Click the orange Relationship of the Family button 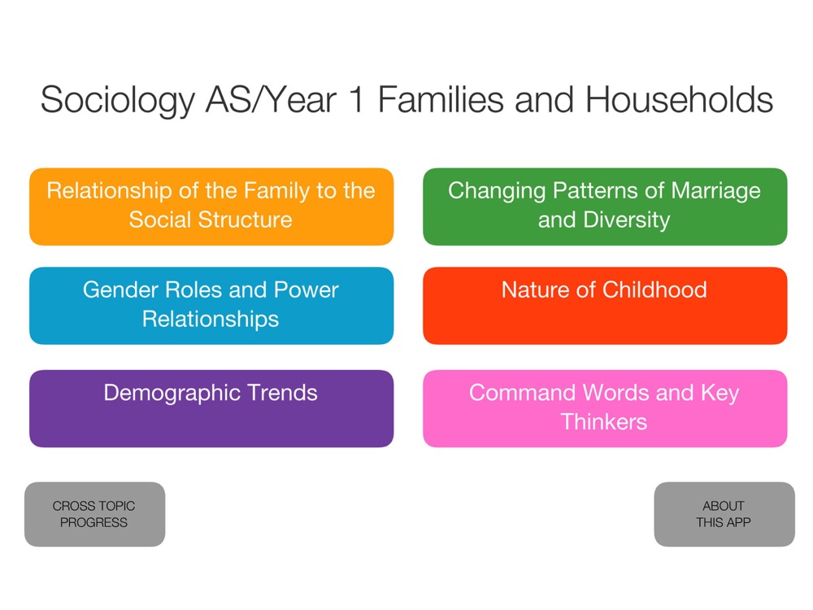[x=211, y=207]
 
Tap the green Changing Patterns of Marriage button [x=605, y=207]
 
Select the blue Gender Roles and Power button [x=211, y=306]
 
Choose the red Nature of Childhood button [x=605, y=306]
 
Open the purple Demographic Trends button [x=211, y=409]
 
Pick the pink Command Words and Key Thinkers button [x=605, y=409]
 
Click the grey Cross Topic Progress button [x=95, y=514]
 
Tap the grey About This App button [x=724, y=514]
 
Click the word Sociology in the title [x=118, y=101]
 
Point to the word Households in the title [x=679, y=99]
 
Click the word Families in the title [x=441, y=99]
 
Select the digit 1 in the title [x=357, y=100]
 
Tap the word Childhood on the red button [x=654, y=290]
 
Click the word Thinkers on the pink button [x=604, y=421]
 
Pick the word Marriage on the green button [x=715, y=191]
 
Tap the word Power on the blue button [x=306, y=290]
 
